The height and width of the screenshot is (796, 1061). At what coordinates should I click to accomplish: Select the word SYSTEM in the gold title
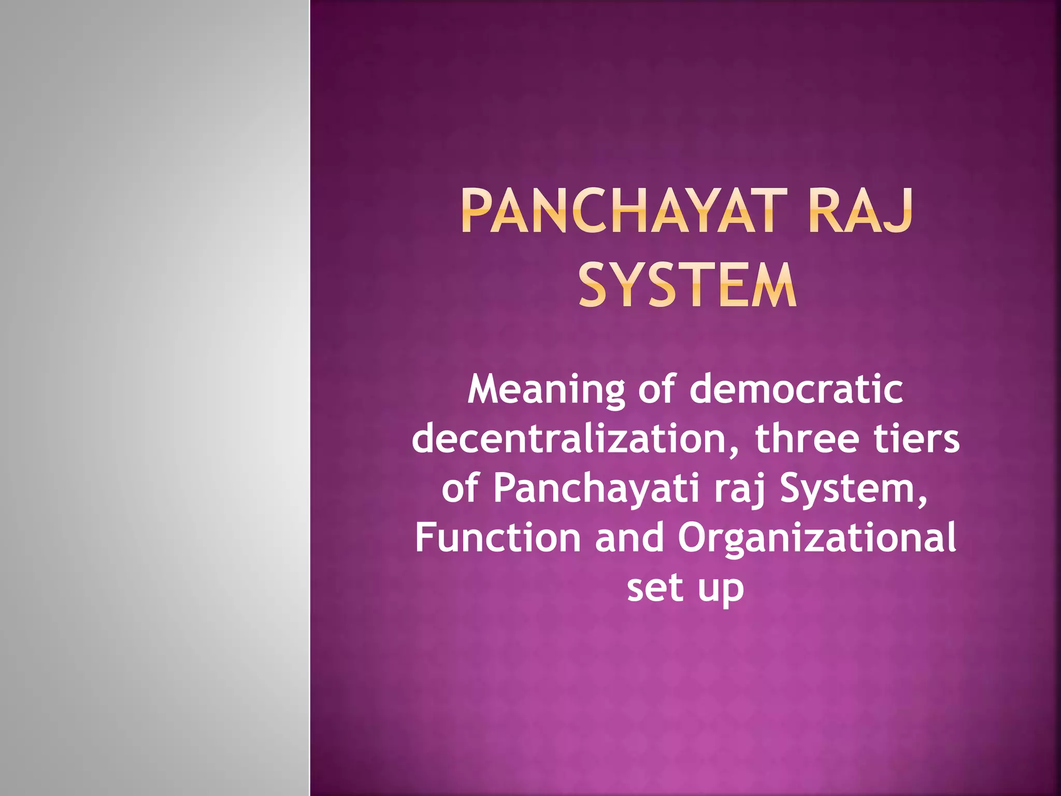[687, 286]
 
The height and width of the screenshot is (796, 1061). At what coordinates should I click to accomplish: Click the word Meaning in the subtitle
[546, 390]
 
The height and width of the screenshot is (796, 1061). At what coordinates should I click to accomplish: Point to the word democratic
[796, 390]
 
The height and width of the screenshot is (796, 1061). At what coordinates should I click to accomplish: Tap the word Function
[497, 538]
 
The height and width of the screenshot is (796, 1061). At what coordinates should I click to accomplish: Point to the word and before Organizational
[629, 538]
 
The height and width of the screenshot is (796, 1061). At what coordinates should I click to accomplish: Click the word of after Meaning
[656, 390]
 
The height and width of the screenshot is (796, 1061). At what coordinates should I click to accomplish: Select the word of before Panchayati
[460, 489]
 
